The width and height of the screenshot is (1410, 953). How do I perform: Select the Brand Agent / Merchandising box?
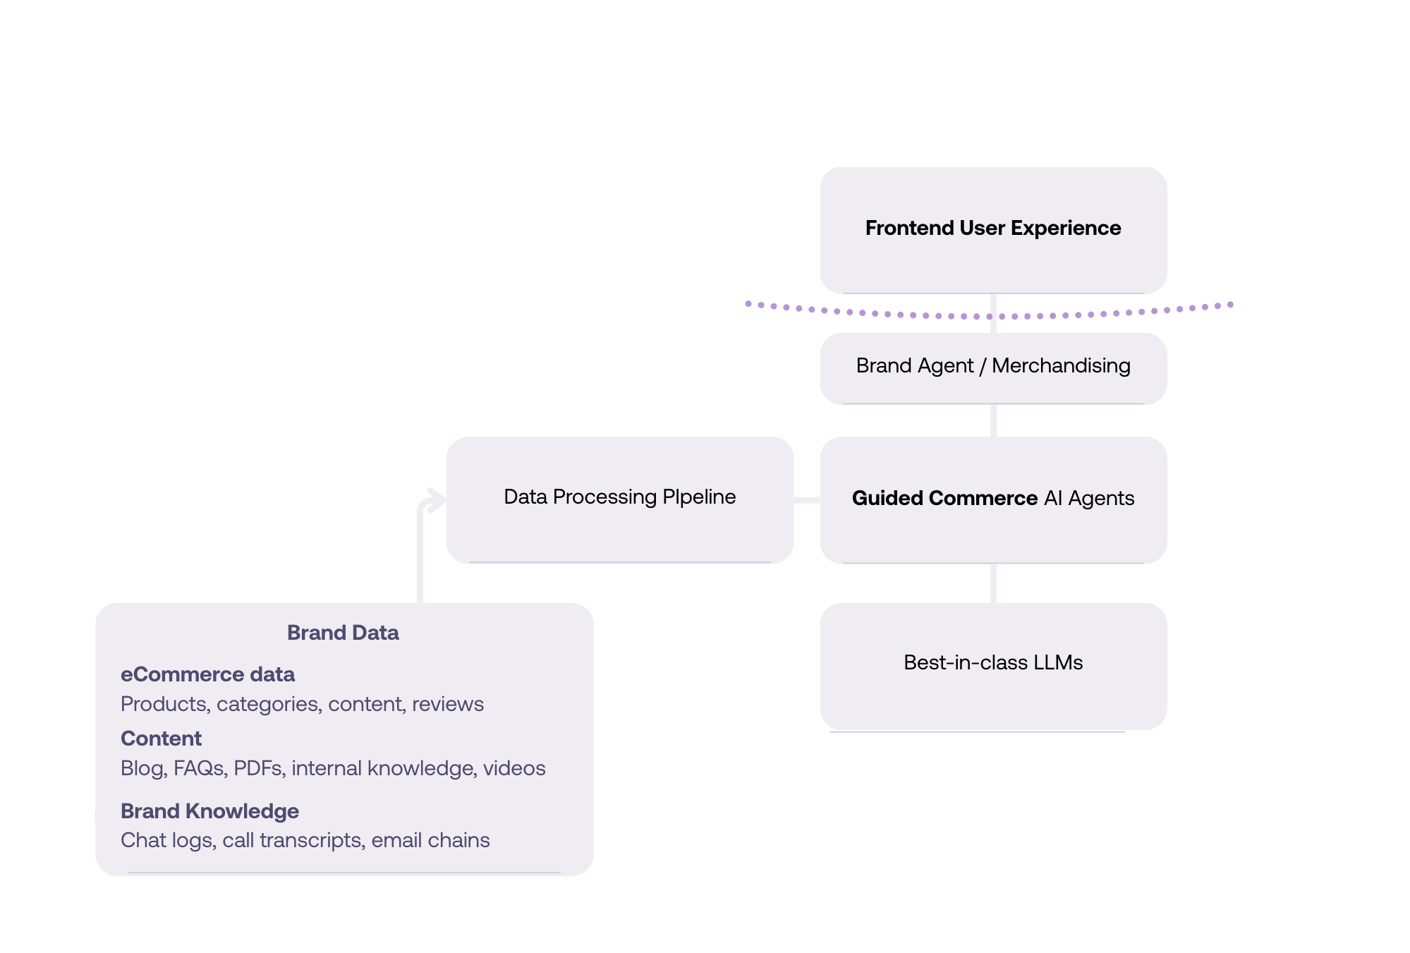tap(992, 368)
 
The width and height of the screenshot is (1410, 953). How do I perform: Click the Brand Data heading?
tap(343, 633)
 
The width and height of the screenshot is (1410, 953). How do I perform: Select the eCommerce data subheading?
tap(207, 674)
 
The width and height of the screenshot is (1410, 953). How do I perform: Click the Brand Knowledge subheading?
tap(209, 811)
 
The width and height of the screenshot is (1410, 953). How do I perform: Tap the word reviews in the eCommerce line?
tap(448, 704)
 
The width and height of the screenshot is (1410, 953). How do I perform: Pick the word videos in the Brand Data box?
tap(514, 768)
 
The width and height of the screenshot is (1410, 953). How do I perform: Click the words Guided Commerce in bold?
tap(944, 498)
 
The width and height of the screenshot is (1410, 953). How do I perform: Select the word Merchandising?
tap(1061, 365)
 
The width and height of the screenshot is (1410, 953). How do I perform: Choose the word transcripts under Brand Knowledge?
tap(310, 840)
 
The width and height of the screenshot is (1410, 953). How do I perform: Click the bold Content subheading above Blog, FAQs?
tap(161, 739)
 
